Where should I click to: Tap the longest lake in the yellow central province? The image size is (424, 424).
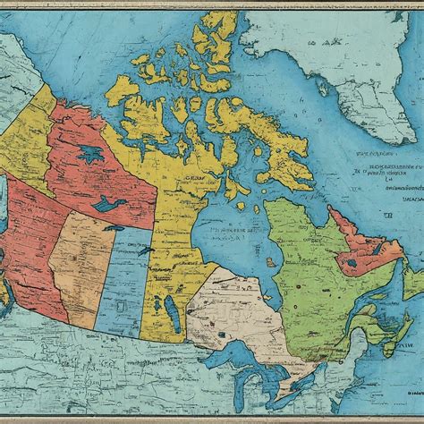coord(171,313)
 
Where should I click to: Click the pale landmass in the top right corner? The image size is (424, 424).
coord(358,54)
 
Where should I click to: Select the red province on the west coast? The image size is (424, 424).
coord(36,259)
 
